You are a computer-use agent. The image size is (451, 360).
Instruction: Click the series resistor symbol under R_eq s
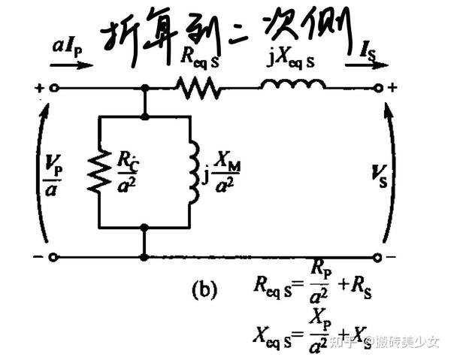click(x=198, y=89)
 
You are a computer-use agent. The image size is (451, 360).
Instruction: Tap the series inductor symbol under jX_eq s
click(x=293, y=85)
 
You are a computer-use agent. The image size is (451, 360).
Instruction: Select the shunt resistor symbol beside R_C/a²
click(x=98, y=170)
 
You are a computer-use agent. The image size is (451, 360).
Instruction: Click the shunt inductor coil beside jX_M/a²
click(x=194, y=171)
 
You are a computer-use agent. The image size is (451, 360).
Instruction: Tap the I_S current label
click(x=366, y=51)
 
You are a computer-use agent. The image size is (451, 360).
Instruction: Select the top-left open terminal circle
click(x=53, y=88)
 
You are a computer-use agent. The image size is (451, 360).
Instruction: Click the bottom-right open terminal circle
click(x=379, y=257)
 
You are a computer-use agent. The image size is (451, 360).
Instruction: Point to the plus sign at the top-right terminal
click(x=392, y=88)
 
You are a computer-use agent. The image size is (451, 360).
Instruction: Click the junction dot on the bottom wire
click(x=144, y=257)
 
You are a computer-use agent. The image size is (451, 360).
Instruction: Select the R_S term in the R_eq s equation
click(x=364, y=286)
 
